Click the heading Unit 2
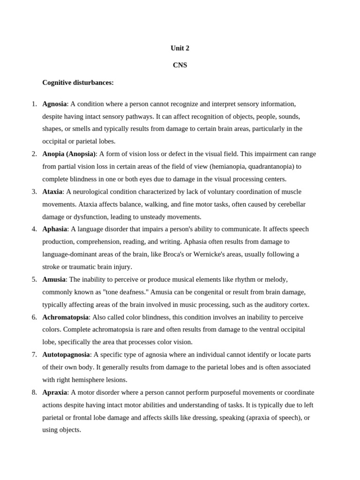click(x=180, y=48)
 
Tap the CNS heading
click(x=180, y=65)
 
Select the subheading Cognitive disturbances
click(x=78, y=82)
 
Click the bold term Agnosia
click(x=54, y=104)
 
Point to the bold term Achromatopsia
click(x=65, y=317)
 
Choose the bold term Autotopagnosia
click(x=66, y=354)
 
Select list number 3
click(x=34, y=191)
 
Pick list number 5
click(x=34, y=279)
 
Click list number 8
click(x=34, y=392)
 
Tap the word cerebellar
click(x=290, y=204)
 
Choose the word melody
click(x=276, y=279)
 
